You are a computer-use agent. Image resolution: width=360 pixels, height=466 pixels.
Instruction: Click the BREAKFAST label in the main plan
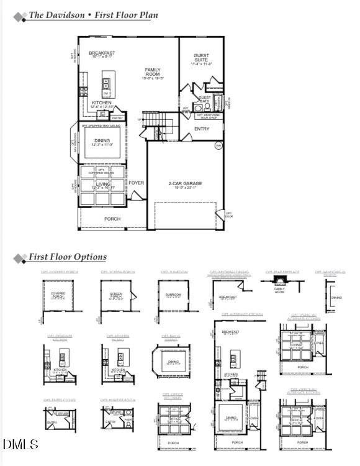pos(102,53)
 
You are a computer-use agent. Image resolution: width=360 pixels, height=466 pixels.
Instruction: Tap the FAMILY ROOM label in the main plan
pos(153,70)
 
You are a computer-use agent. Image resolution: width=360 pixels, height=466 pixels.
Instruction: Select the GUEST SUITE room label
pos(202,57)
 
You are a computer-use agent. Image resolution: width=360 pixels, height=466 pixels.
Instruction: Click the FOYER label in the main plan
pos(137,183)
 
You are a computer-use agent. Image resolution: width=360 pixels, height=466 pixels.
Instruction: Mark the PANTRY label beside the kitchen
pos(119,118)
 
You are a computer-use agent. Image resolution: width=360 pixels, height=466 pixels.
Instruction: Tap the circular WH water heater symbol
pos(218,146)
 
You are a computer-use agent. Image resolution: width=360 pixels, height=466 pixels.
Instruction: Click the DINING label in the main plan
pos(102,141)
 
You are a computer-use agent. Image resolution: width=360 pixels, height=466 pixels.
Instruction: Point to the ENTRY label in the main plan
pos(202,129)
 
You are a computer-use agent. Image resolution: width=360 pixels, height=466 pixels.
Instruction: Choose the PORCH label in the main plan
pos(112,219)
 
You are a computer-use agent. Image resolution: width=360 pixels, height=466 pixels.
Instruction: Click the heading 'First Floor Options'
pos(68,257)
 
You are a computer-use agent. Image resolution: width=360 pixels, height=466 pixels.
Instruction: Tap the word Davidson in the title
pos(66,15)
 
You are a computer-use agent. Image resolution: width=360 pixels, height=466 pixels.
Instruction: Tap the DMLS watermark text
pos(20,444)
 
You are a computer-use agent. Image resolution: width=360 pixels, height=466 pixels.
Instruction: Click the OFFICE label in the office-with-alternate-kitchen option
pos(297,420)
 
